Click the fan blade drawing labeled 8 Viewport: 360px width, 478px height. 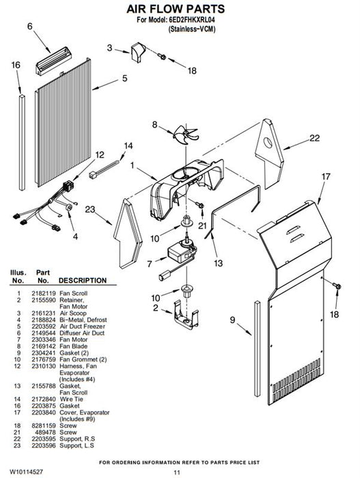point(186,134)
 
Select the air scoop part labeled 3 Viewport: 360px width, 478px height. point(138,52)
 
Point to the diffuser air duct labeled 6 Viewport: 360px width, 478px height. point(54,60)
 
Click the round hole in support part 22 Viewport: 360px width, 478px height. point(268,143)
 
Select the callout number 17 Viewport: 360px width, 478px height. point(326,176)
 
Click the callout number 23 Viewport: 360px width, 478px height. point(90,210)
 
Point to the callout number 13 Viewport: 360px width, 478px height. point(218,263)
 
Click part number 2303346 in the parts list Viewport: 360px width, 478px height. point(44,339)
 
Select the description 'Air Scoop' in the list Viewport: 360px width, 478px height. point(73,313)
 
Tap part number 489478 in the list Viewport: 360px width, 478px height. point(46,432)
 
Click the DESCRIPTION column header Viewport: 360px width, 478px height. point(83,280)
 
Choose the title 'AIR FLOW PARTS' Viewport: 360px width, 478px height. point(176,9)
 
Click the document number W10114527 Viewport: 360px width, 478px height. point(26,472)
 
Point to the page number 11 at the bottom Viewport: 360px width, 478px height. point(177,473)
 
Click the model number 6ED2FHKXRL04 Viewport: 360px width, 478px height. point(192,20)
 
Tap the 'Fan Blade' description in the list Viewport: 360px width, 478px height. point(73,346)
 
